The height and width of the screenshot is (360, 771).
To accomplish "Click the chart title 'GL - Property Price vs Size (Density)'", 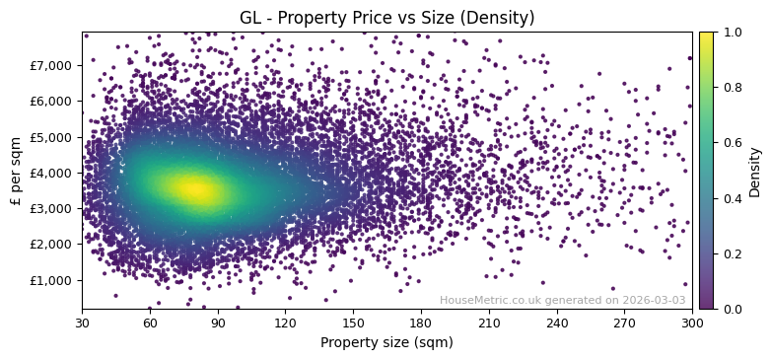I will coord(386,18).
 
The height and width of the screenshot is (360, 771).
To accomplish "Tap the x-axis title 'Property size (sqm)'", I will coord(386,342).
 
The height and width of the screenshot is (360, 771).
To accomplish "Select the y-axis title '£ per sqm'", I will coord(16,171).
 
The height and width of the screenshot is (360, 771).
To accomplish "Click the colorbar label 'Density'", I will coord(755,171).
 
